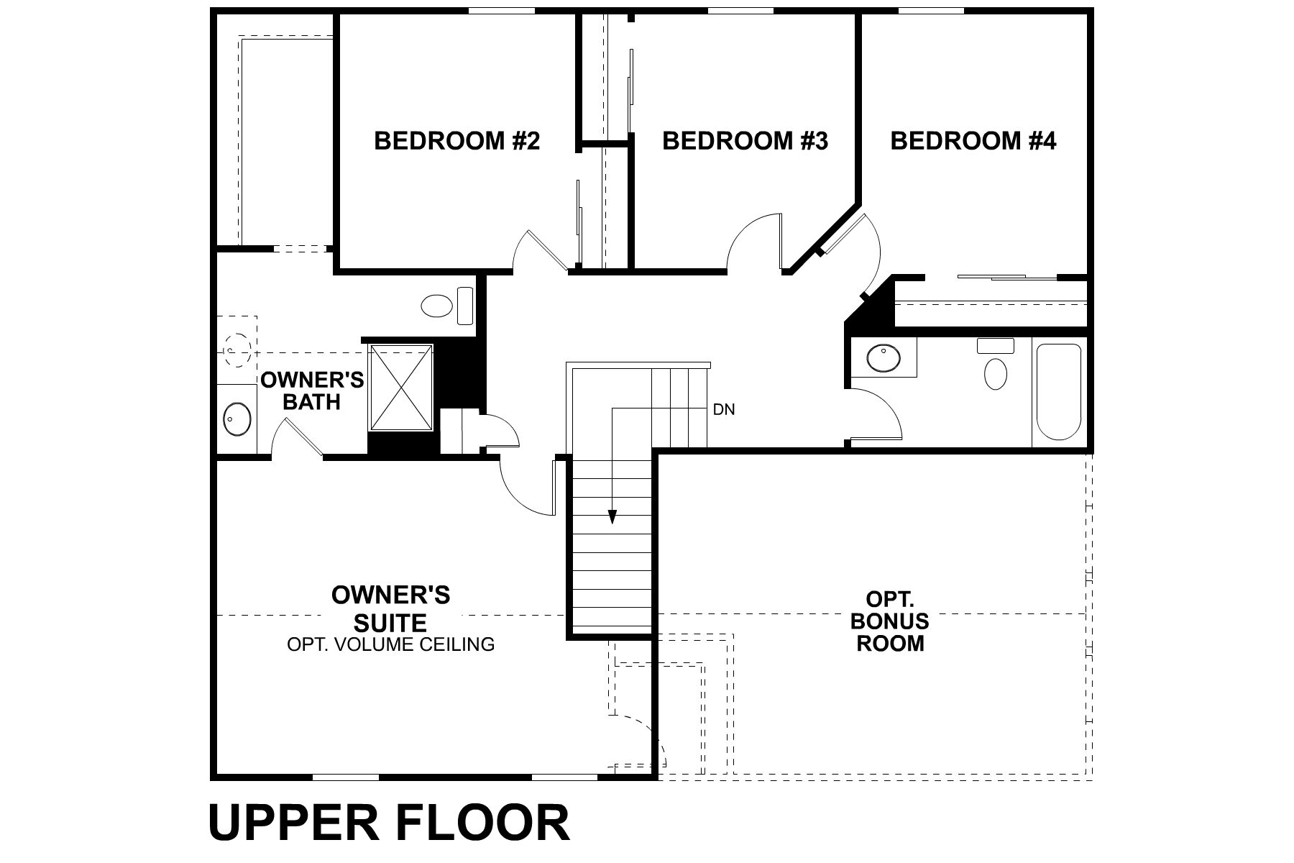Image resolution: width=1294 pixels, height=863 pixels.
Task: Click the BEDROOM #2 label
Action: point(456,141)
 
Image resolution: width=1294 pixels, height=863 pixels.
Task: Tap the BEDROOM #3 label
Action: point(745,141)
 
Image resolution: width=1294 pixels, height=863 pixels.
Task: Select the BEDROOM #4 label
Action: point(973,141)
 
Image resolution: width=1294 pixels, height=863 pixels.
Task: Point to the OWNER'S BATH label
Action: point(312,391)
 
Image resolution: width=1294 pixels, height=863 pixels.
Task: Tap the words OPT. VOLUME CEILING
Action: point(390,644)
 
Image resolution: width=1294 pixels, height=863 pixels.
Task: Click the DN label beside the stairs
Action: point(724,410)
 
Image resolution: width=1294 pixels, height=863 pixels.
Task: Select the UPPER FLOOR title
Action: point(389,823)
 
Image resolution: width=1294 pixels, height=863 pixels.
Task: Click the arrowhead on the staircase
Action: point(612,516)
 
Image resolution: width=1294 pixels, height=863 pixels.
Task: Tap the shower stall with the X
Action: point(401,388)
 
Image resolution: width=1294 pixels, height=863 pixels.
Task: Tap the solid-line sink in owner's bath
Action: point(236,419)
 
